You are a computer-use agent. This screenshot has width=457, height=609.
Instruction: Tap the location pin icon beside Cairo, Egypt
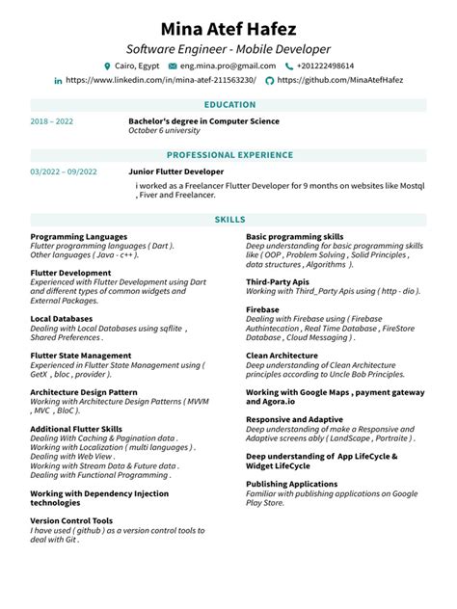coord(108,66)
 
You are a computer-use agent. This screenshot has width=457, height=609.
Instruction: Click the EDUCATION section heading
coord(229,104)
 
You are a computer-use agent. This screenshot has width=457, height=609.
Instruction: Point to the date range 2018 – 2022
coord(52,121)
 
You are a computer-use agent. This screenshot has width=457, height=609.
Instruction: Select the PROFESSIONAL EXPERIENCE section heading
coord(229,154)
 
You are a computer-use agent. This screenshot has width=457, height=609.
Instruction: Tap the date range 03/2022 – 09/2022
coord(64,172)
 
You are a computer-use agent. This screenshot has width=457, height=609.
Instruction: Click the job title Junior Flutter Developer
coord(175,171)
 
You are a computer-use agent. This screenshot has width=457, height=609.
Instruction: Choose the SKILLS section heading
coord(229,220)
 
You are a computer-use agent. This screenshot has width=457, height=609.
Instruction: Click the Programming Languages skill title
coord(79,236)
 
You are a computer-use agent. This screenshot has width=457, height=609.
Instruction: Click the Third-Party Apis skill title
coord(276,281)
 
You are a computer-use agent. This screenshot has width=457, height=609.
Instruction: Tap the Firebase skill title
coord(262,309)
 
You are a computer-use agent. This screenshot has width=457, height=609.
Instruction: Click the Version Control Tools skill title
coord(71,520)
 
